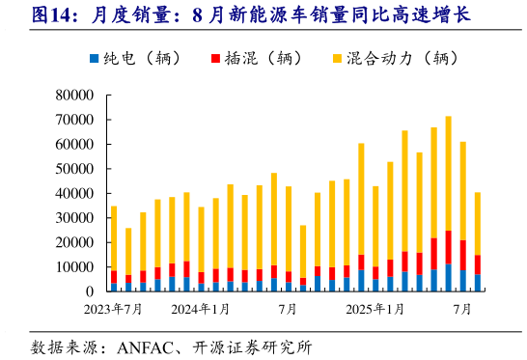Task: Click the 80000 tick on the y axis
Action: (72, 96)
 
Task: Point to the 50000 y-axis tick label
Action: (72, 169)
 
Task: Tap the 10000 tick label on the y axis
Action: (72, 267)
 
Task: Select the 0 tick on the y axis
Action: (88, 291)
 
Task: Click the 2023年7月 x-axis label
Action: (112, 309)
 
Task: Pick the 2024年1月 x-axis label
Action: (201, 309)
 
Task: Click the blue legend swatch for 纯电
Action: (94, 58)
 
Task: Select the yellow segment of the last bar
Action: (477, 223)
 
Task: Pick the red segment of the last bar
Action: (477, 264)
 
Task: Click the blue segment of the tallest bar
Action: (448, 277)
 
